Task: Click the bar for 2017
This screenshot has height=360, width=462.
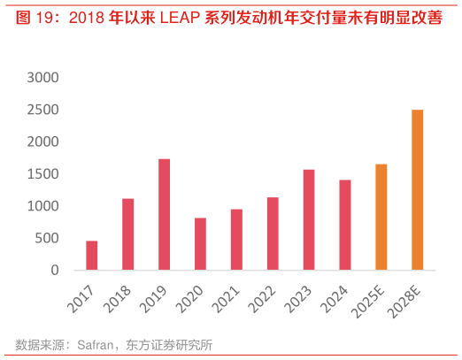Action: [92, 255]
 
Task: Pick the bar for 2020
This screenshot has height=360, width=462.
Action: [201, 243]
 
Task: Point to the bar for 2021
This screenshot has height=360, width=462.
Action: [237, 239]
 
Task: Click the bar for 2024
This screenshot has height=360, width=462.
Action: [345, 225]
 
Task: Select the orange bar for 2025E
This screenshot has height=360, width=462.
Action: [381, 217]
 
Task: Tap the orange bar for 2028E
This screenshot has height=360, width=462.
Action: [418, 189]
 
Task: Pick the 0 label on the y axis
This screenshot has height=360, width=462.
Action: [55, 270]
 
